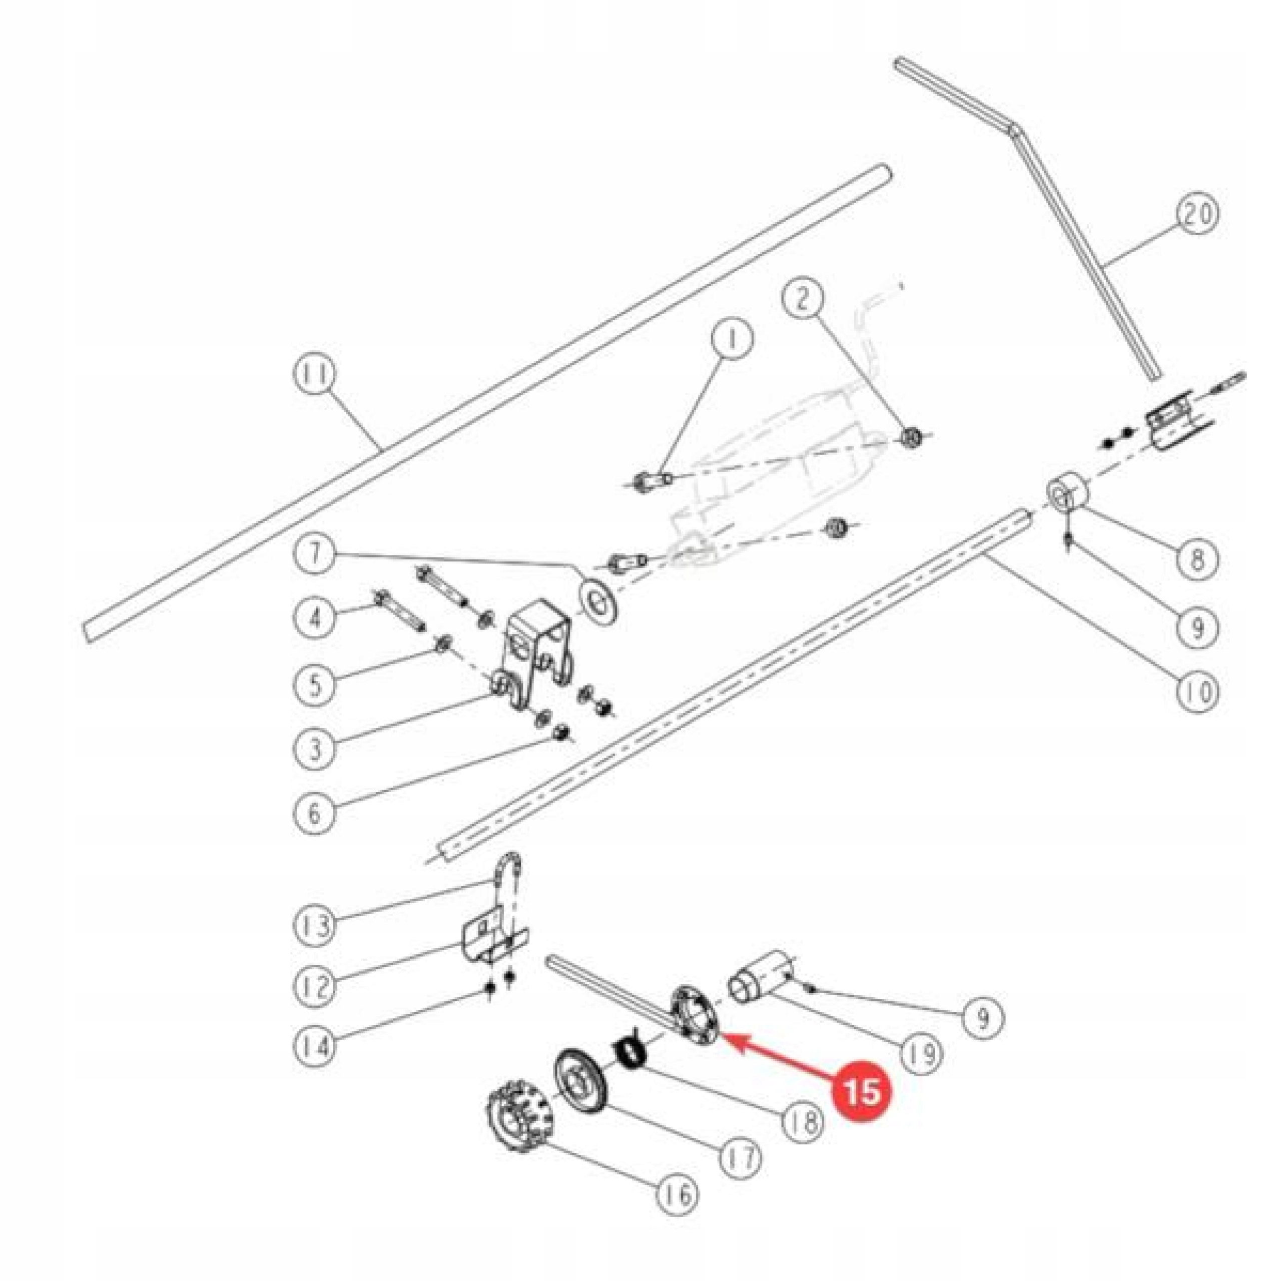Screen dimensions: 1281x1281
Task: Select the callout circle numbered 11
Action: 315,375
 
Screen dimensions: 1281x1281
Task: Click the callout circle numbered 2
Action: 803,299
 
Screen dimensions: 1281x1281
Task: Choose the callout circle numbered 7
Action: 315,551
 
